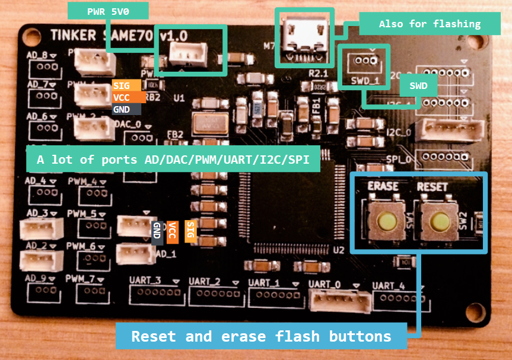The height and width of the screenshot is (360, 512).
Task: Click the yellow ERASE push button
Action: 385,222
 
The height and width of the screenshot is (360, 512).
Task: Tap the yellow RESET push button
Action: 439,222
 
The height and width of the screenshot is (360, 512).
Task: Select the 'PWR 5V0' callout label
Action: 109,10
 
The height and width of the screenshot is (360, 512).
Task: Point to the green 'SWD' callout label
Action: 418,85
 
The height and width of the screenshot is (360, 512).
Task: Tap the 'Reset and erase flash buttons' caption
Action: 261,336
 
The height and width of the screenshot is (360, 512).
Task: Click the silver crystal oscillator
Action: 208,123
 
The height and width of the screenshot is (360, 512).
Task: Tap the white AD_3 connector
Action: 38,230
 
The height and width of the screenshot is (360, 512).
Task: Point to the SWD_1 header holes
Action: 362,60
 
